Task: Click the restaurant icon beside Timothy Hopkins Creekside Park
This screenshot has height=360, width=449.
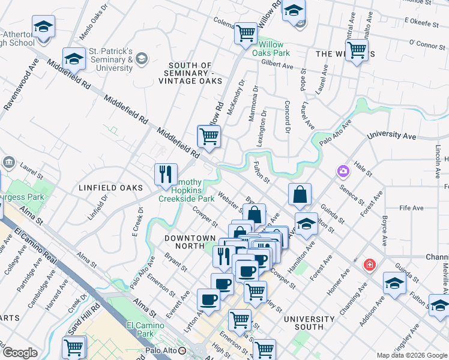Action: pos(166,175)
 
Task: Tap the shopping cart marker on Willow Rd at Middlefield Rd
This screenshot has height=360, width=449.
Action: pos(209,137)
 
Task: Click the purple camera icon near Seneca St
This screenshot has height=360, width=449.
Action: pos(343,172)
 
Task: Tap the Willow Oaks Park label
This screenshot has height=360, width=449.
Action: pos(274,49)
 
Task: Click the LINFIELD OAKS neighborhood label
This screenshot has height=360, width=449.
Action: pos(105,188)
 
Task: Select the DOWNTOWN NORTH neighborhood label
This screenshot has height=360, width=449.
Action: pos(190,238)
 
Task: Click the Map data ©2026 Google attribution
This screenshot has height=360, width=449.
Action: pos(412,355)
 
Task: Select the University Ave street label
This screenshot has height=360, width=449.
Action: pos(391,136)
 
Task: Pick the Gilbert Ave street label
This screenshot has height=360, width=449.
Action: pos(277,63)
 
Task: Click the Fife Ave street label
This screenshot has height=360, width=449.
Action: pos(411,208)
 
